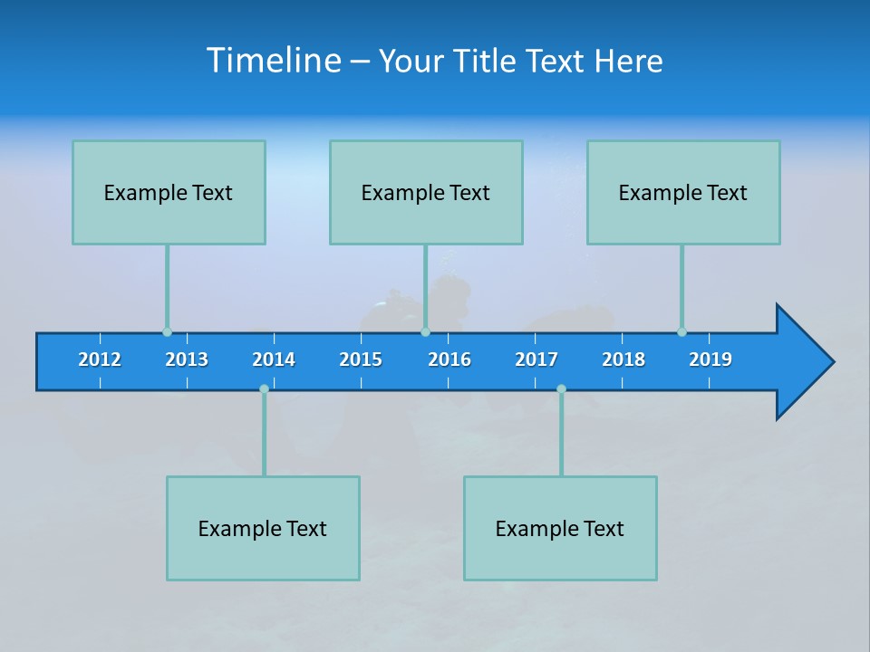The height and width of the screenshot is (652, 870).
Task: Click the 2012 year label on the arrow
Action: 100,360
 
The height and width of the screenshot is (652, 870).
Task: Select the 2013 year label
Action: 187,360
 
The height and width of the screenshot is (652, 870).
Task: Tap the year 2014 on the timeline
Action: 274,360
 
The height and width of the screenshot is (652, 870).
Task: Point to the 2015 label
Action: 361,360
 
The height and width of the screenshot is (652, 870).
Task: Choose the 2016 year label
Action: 449,360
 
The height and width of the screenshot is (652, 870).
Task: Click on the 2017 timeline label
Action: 536,360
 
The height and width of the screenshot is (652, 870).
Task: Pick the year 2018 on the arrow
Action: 623,360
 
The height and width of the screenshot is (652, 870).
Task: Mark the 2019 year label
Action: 710,360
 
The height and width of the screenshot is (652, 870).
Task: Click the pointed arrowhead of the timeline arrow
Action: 807,362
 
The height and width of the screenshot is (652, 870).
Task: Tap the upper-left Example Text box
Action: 169,192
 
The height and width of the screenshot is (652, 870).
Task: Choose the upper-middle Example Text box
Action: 426,192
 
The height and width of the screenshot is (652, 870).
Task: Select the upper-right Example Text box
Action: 683,192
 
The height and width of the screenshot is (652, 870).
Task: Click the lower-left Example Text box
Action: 263,528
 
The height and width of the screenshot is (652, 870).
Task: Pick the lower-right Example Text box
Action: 560,528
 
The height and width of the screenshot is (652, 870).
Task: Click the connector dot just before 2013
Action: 167,331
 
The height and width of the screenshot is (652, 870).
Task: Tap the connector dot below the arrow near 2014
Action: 264,388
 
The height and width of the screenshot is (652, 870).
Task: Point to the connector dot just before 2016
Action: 425,331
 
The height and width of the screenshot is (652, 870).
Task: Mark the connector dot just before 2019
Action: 681,331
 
